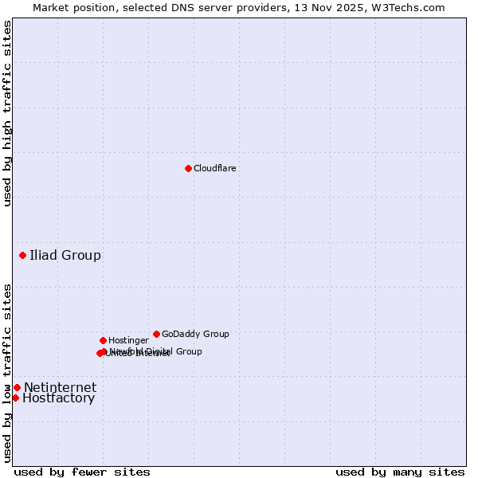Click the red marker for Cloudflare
[188, 168]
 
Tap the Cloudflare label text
[215, 168]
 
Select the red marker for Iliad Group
[22, 255]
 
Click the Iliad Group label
[65, 255]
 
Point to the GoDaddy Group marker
[156, 334]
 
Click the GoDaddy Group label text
[195, 334]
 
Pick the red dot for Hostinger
[103, 340]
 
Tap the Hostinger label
[128, 340]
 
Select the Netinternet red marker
[17, 387]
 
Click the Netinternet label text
[60, 388]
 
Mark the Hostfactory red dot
[15, 398]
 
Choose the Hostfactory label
[58, 398]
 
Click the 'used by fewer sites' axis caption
[82, 472]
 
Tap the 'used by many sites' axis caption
[400, 472]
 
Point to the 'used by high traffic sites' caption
[7, 113]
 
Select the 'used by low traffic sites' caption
[7, 373]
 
